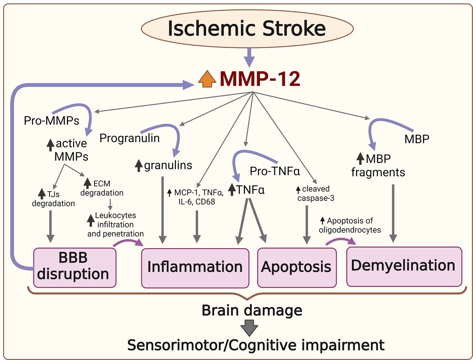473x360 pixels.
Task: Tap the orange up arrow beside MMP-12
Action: [207, 79]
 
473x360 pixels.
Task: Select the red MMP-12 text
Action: [260, 79]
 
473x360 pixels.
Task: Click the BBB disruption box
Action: [75, 268]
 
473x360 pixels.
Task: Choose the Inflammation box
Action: [195, 268]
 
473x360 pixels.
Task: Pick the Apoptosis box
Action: [297, 268]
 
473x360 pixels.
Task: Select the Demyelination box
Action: [404, 267]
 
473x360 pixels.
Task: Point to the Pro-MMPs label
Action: [51, 121]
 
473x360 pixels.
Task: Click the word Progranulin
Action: [129, 138]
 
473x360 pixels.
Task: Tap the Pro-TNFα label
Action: [275, 172]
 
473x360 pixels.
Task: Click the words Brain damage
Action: [252, 310]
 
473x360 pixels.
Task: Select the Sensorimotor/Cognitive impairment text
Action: [256, 345]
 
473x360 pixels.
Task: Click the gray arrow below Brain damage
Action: [249, 328]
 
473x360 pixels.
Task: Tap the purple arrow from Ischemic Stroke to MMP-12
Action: [249, 58]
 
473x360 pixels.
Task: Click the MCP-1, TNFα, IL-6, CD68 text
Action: [195, 197]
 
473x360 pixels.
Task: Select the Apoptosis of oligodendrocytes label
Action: [350, 225]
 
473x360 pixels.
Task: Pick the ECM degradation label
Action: [102, 188]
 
